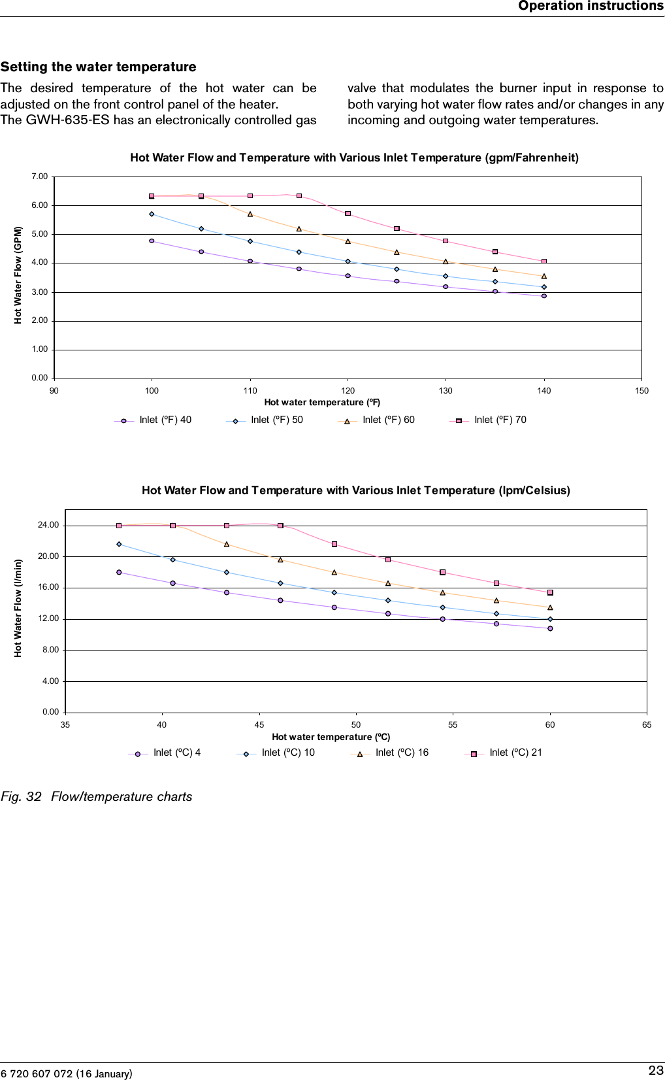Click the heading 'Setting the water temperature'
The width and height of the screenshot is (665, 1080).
pyautogui.click(x=98, y=67)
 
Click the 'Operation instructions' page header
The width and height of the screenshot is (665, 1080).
pyautogui.click(x=591, y=6)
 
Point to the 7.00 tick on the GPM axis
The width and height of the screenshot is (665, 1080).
pyautogui.click(x=39, y=177)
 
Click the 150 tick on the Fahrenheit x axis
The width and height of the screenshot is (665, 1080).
pyautogui.click(x=641, y=390)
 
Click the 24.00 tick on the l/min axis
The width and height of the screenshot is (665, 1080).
pyautogui.click(x=48, y=525)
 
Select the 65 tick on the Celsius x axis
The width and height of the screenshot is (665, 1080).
pyautogui.click(x=647, y=724)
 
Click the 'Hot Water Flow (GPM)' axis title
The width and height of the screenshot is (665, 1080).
pyautogui.click(x=18, y=275)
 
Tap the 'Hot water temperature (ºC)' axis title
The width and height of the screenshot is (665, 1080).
pyautogui.click(x=331, y=737)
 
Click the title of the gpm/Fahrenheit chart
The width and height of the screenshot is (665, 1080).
pyautogui.click(x=354, y=158)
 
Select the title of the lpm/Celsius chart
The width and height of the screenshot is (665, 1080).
pyautogui.click(x=355, y=490)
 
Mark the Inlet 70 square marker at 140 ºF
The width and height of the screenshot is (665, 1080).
pyautogui.click(x=544, y=262)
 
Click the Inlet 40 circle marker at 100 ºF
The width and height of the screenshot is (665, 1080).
pyautogui.click(x=152, y=241)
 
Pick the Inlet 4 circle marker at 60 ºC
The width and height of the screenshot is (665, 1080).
pyautogui.click(x=550, y=628)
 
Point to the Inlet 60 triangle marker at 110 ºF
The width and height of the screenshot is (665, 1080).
pyautogui.click(x=250, y=214)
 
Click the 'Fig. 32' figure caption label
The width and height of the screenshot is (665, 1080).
pyautogui.click(x=21, y=796)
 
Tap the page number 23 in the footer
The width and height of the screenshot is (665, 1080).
pyautogui.click(x=655, y=1070)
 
